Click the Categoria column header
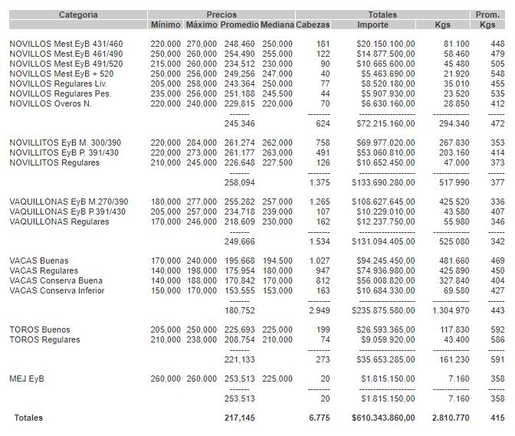pos(78,15)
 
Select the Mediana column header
pos(277,25)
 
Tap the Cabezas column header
pos(313,25)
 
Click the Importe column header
pos(372,25)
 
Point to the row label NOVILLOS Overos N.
pos(51,103)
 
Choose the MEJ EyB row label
pos(28,379)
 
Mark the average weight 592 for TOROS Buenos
pos(497,330)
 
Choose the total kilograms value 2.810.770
pos(449,418)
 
